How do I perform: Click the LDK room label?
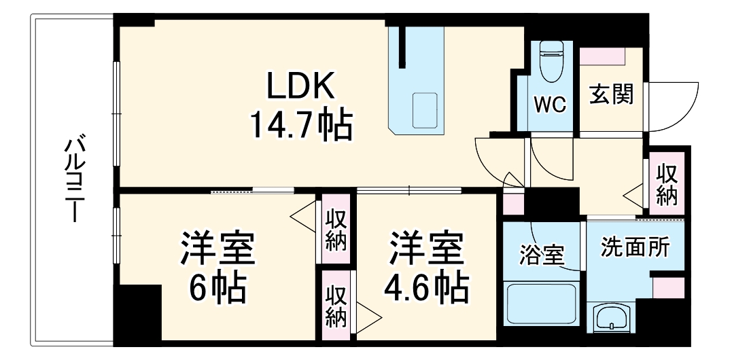click(300, 86)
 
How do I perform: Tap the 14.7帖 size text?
click(300, 126)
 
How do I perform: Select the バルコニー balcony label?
click(72, 178)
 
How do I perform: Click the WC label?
click(551, 105)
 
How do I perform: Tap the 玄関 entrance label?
click(611, 94)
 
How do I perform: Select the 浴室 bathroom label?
click(542, 254)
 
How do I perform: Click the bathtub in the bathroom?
click(542, 302)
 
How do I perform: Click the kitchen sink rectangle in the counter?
click(425, 110)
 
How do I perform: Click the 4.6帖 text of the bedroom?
click(425, 287)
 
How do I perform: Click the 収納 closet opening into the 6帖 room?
click(336, 230)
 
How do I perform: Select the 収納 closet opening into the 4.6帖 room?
click(336, 306)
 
